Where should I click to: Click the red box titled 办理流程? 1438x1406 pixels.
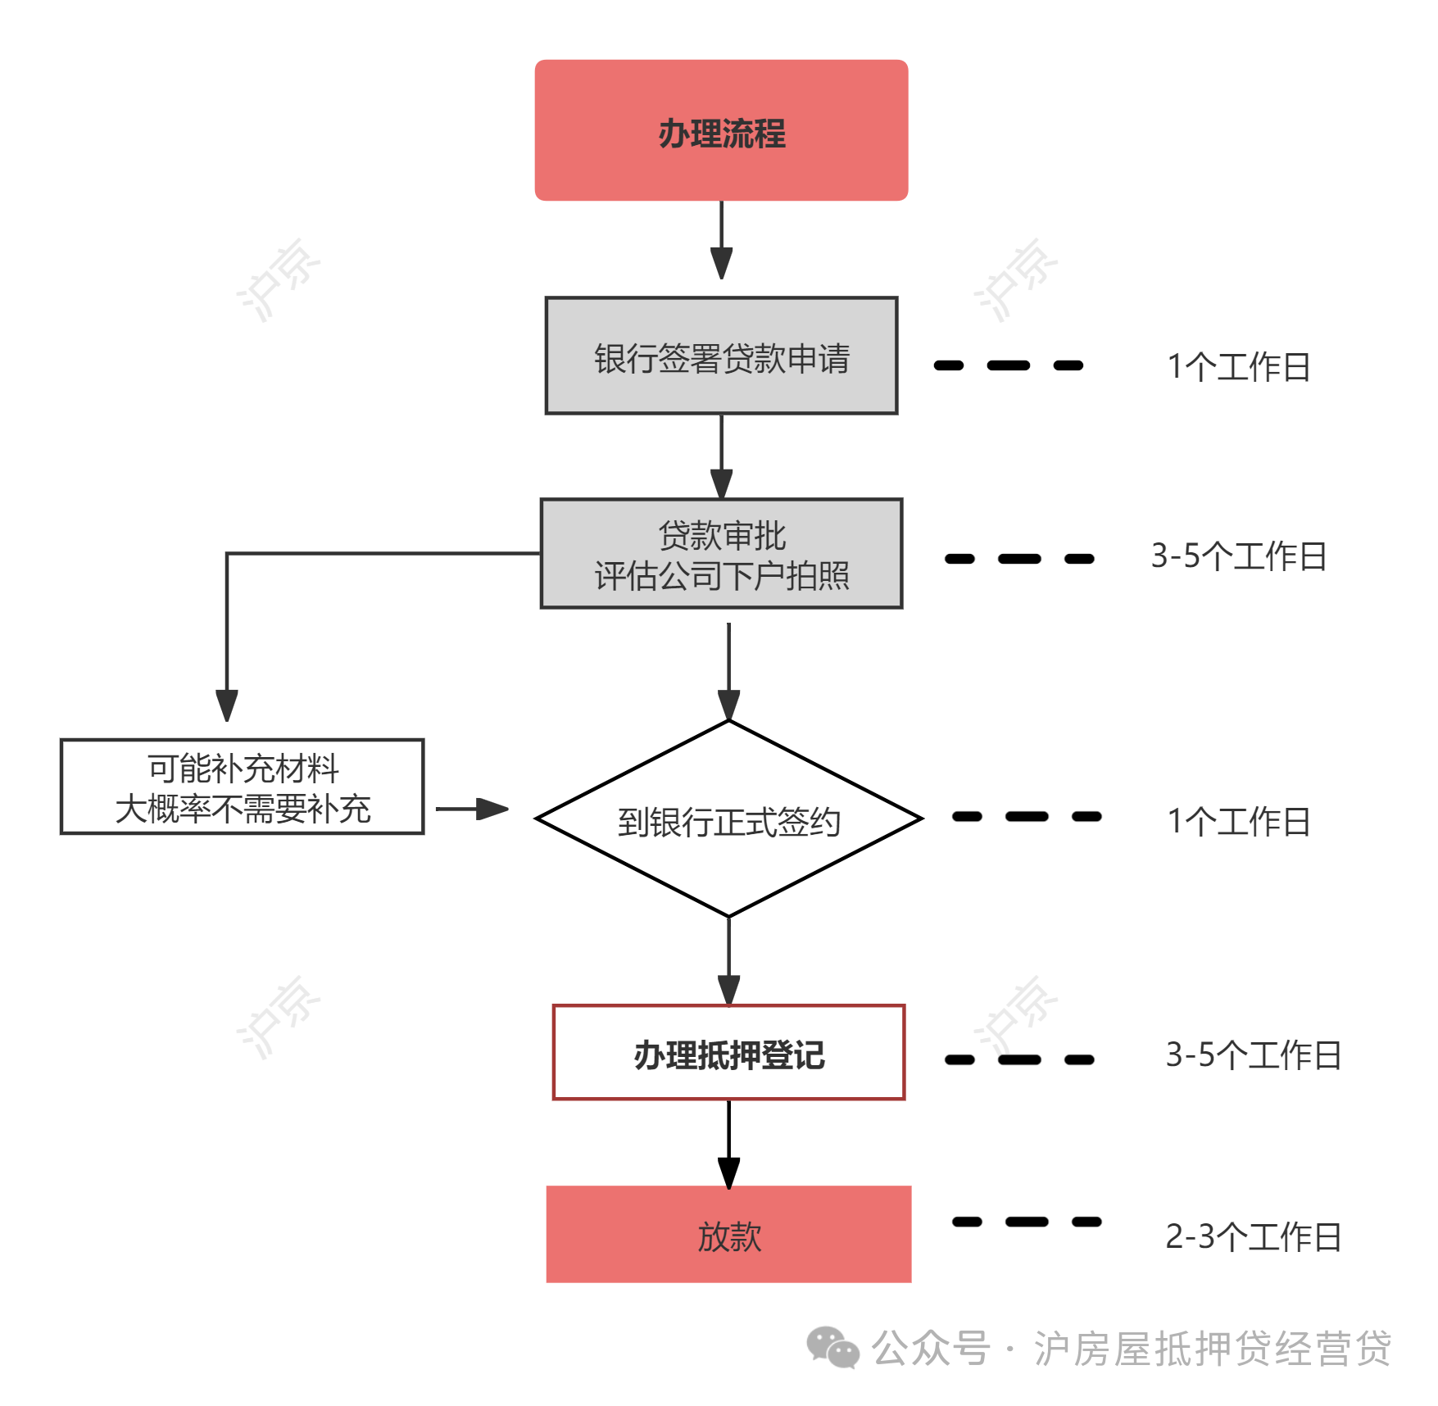coord(721,130)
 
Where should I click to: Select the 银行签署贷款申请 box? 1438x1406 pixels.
coord(721,356)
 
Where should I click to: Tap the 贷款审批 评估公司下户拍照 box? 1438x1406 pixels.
coord(721,554)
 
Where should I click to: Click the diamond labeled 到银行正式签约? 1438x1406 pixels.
coord(728,819)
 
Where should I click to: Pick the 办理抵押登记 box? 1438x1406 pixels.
coord(728,1053)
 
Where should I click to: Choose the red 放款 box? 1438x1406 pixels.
coord(728,1234)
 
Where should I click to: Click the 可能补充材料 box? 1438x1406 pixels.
coord(243,787)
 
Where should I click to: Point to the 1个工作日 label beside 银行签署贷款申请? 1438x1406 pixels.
coord(1238,366)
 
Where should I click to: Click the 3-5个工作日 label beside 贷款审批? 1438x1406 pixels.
coord(1238,556)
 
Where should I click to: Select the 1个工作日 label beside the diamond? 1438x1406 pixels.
coord(1238,821)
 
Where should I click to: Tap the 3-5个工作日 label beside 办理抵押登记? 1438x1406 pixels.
coord(1254,1055)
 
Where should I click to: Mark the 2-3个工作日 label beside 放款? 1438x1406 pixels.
coord(1254,1237)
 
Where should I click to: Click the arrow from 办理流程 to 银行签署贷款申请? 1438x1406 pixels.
coord(721,240)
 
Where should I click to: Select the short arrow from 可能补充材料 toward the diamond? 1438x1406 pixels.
coord(472,810)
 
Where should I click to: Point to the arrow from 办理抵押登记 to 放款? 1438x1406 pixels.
coord(728,1144)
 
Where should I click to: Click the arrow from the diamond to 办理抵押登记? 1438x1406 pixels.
coord(728,961)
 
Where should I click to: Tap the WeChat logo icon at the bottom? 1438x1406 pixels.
coord(832,1348)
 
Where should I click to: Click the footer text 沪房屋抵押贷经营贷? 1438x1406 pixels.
coord(1213,1349)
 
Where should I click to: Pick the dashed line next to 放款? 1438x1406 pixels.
coord(1027,1222)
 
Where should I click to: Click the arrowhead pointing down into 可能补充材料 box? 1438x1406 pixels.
coord(227,705)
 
